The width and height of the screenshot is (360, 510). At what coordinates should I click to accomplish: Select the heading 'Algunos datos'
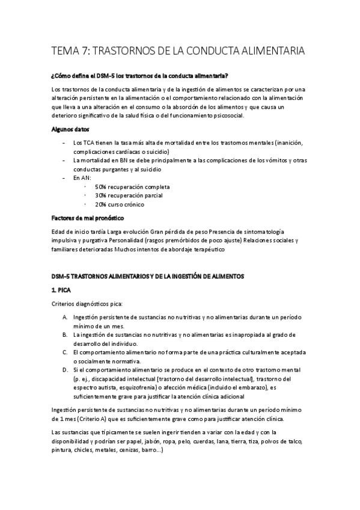point(67,129)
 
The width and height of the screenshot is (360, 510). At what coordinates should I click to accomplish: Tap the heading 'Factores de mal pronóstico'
point(89,218)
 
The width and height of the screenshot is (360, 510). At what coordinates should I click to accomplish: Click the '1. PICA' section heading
point(63,290)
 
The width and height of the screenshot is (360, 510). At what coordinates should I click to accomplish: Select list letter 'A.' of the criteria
point(65,317)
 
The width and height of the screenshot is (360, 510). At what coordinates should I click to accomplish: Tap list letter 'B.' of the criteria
point(65,334)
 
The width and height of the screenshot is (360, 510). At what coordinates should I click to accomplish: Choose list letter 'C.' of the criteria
point(65,352)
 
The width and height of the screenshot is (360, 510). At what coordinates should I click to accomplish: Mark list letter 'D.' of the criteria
point(65,369)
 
